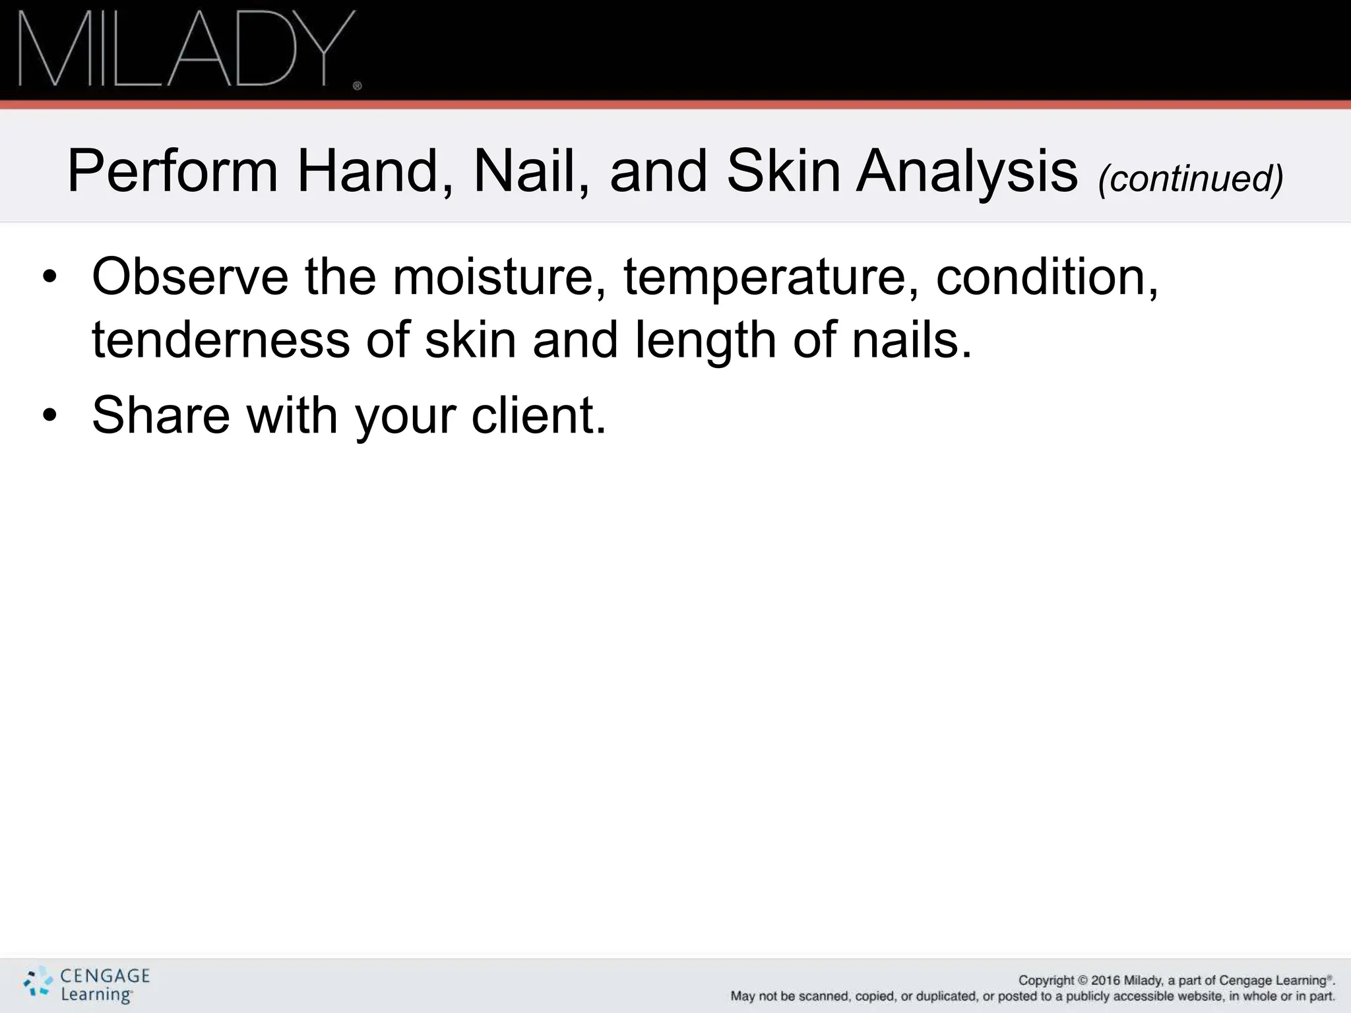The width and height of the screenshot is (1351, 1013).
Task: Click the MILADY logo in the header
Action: point(189,49)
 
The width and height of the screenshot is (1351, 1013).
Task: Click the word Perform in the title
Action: point(172,171)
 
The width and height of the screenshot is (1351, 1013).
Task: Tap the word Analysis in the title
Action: point(966,171)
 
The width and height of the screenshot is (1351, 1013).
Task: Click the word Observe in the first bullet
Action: point(190,277)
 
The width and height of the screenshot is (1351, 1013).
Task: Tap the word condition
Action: point(1046,277)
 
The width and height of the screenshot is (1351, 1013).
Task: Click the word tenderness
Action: point(220,340)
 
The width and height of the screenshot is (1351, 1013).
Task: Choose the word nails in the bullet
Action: point(911,340)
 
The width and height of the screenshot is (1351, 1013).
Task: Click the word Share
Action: point(162,415)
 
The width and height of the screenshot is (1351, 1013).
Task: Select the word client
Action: point(537,415)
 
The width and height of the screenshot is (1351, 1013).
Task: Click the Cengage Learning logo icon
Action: point(38,983)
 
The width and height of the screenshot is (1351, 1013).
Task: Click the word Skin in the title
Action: point(783,171)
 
